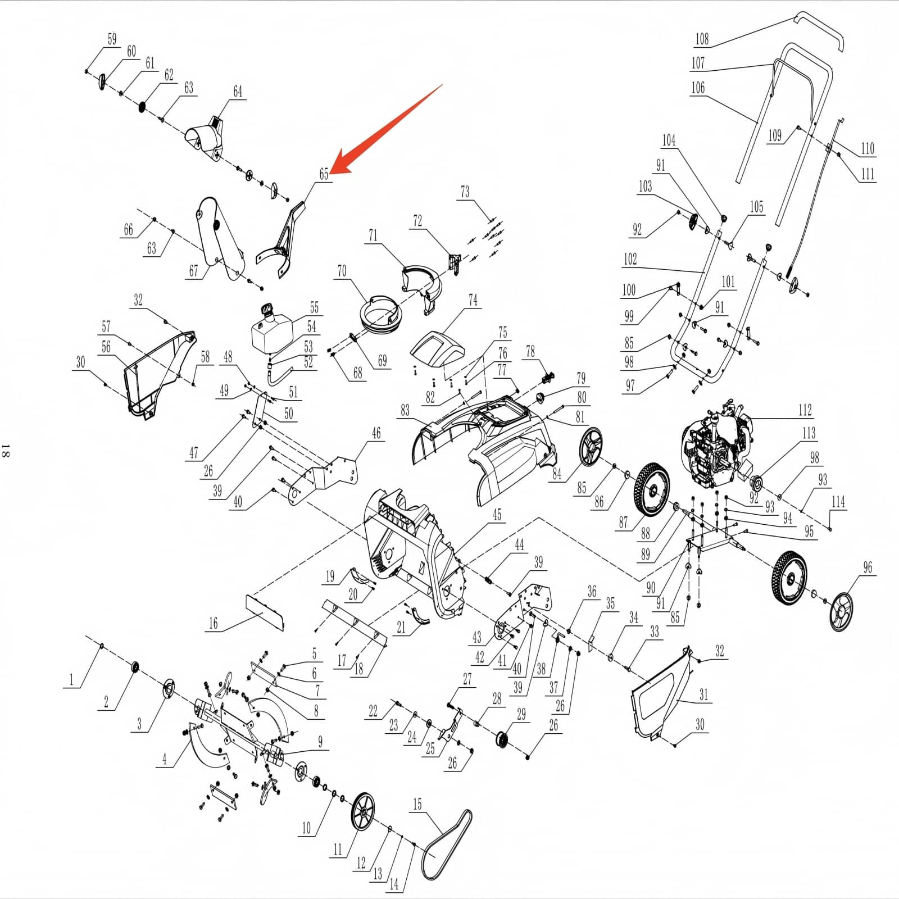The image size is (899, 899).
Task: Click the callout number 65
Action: point(324,174)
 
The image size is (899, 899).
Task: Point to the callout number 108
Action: point(702,39)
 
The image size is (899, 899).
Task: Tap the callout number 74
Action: point(473,300)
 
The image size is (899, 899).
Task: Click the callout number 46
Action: point(376,433)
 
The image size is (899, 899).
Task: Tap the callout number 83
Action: point(405,410)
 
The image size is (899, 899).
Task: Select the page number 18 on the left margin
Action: point(6,450)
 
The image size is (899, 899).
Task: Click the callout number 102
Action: point(630,259)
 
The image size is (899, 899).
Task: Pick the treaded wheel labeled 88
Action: point(652,489)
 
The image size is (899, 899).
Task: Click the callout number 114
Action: point(838,502)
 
